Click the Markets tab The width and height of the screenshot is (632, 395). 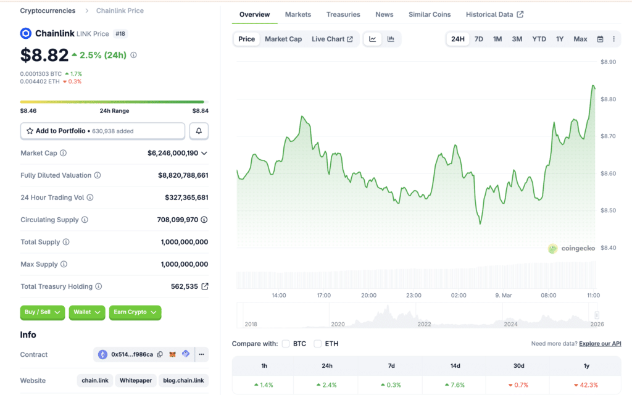tap(298, 14)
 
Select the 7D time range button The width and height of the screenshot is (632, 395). tap(478, 39)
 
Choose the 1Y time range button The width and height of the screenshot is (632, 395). tap(560, 39)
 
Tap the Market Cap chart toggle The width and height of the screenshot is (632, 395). tap(283, 39)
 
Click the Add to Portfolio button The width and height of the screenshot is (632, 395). tap(102, 131)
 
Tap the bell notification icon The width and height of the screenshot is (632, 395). tap(199, 131)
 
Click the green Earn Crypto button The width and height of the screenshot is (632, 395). tap(135, 312)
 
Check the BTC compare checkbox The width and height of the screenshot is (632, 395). tap(286, 343)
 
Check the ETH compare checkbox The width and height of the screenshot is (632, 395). tap(318, 343)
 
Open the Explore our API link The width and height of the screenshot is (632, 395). tap(600, 343)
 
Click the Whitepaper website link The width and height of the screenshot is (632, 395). tap(136, 380)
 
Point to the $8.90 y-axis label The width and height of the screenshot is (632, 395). tap(609, 62)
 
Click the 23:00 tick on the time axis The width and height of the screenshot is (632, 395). tap(414, 295)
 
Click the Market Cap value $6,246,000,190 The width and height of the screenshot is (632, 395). tap(173, 153)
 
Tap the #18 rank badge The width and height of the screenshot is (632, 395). tap(120, 33)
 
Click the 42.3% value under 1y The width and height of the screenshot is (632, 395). tap(586, 385)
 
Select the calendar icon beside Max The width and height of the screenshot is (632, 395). tap(600, 39)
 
